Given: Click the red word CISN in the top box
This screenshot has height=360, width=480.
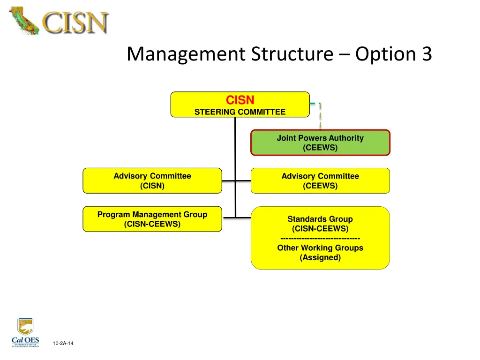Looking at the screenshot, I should click(x=240, y=100).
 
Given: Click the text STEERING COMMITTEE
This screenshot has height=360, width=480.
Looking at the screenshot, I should click(x=240, y=112).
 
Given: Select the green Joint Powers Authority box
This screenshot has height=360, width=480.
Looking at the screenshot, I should click(x=320, y=142).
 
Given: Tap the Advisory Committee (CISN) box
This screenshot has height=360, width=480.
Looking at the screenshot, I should click(x=152, y=180).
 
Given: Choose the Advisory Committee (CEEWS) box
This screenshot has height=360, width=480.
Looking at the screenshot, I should click(x=320, y=180).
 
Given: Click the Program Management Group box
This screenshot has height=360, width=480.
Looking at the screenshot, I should click(x=152, y=219).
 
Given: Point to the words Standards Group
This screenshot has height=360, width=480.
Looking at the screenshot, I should click(x=320, y=219).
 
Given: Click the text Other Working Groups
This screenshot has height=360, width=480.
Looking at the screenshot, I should click(x=320, y=248).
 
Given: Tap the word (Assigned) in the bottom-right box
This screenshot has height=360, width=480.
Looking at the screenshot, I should click(x=320, y=257).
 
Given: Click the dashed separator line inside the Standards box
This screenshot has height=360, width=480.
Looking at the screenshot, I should click(x=320, y=239).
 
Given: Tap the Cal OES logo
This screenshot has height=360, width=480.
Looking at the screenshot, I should click(x=25, y=333).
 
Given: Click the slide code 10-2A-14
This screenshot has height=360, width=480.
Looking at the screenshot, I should click(x=63, y=344).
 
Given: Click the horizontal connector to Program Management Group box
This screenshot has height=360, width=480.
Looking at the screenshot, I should click(x=229, y=217).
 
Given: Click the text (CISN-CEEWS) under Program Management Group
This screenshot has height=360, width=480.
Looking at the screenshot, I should click(x=152, y=224).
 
